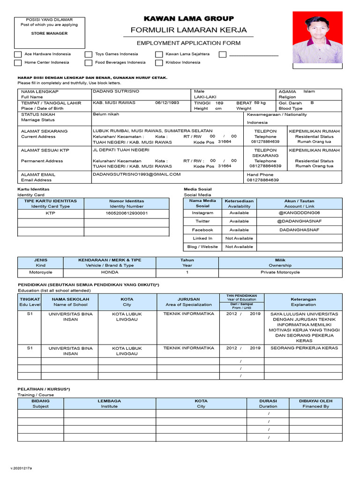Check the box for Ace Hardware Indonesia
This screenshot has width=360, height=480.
pos(18,54)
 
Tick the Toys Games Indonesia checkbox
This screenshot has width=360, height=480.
pos(89,54)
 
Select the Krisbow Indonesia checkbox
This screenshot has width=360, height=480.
pos(159,63)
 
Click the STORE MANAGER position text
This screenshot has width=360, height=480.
pos(49,33)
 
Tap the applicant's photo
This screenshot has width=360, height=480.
pos(317,37)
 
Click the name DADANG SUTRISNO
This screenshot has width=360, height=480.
pos(116,91)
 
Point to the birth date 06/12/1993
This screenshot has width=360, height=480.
pos(167,103)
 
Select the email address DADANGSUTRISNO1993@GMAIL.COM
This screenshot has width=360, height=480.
pos(136,174)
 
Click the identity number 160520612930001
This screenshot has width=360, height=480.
pos(127,213)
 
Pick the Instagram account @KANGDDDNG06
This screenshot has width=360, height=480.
pos(300,212)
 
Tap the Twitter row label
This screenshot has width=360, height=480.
pos(202,221)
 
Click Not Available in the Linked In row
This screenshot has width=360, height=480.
pos(239,238)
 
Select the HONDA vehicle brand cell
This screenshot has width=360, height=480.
pos(110,272)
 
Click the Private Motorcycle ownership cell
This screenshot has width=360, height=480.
pos(280,272)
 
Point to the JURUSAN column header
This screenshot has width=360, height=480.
pos(188,299)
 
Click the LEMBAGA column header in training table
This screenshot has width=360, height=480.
pos(109,401)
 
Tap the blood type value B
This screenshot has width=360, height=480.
pos(312,102)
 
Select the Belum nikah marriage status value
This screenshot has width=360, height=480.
pos(106,114)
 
